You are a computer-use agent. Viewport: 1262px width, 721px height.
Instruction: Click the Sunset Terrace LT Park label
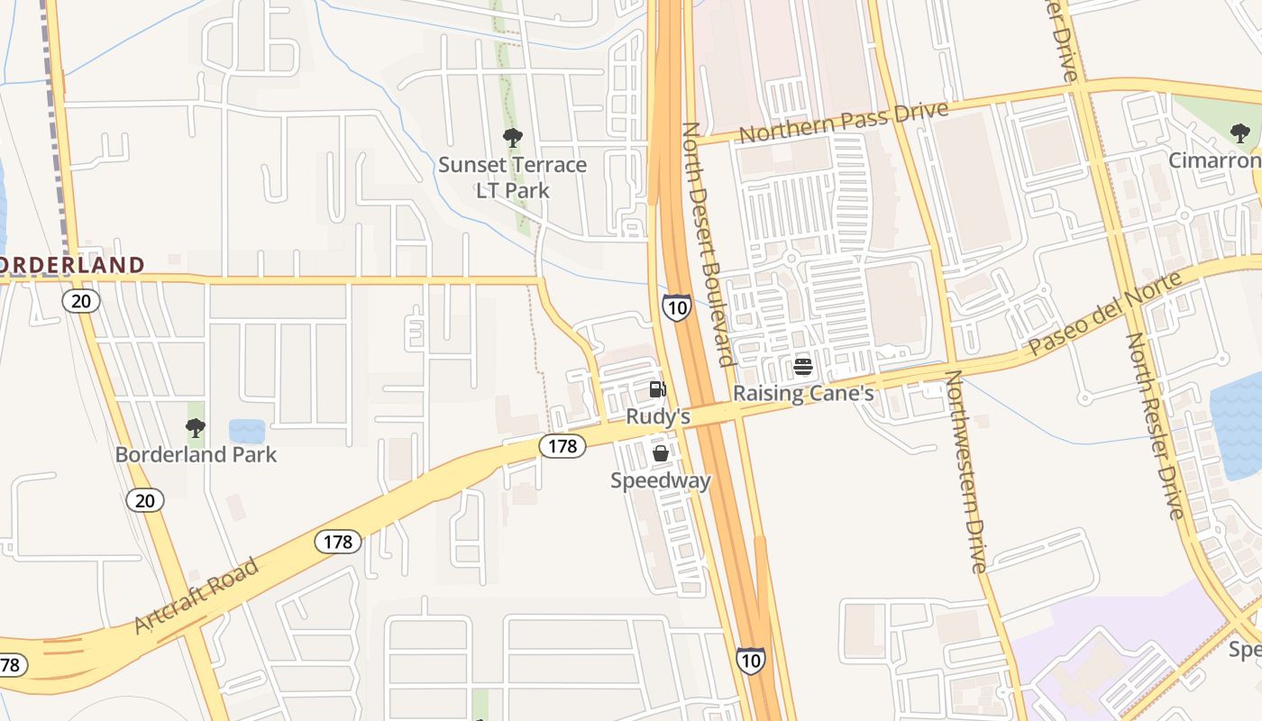pyautogui.click(x=512, y=178)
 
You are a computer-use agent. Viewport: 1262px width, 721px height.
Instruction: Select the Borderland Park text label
pyautogui.click(x=196, y=454)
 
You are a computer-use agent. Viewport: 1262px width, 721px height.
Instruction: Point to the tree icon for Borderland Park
pyautogui.click(x=196, y=428)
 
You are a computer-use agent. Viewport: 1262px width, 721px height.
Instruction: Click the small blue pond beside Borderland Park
pyautogui.click(x=247, y=431)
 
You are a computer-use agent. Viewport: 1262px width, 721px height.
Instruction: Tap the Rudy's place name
pyautogui.click(x=658, y=416)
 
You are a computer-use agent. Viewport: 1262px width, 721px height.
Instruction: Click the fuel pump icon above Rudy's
pyautogui.click(x=658, y=389)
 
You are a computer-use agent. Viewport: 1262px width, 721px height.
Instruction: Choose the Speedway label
pyautogui.click(x=661, y=480)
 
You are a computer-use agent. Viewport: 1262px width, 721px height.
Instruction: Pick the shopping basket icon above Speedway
pyautogui.click(x=661, y=453)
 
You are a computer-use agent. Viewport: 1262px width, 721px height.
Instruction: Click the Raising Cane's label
pyautogui.click(x=803, y=394)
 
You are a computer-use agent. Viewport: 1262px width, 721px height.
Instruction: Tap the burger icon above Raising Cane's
pyautogui.click(x=803, y=367)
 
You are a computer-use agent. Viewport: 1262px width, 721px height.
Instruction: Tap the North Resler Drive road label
pyautogui.click(x=1154, y=425)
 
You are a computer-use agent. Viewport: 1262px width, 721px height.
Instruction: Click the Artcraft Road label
pyautogui.click(x=197, y=595)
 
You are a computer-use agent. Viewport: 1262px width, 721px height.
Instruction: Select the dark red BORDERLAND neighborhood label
pyautogui.click(x=70, y=265)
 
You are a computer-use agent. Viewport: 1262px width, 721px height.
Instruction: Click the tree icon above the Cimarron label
pyautogui.click(x=1240, y=134)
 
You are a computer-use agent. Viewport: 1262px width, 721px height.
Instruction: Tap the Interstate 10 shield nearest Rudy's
pyautogui.click(x=676, y=307)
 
